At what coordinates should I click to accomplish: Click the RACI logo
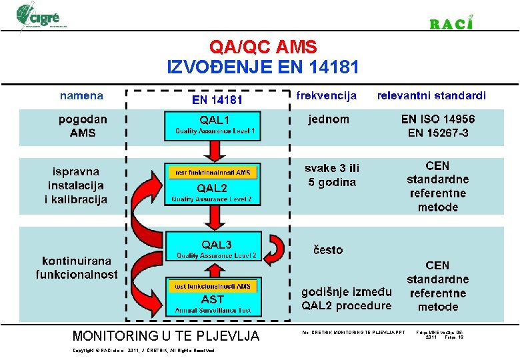451,23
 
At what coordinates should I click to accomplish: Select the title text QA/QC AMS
263,47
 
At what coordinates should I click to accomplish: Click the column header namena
81,95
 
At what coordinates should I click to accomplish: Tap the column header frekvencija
327,95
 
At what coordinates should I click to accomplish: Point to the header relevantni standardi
431,95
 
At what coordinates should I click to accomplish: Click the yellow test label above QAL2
213,173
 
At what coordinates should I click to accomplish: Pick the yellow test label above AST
213,286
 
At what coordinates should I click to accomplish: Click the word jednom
328,119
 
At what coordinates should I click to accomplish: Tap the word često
328,250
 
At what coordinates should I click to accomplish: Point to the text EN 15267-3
438,133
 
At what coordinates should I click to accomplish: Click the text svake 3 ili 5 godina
331,175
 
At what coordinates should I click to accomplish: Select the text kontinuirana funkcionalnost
77,267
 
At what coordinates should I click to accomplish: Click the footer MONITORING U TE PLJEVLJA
165,335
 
